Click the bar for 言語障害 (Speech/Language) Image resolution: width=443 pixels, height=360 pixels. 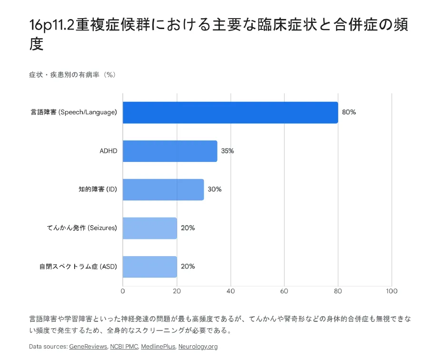point(230,112)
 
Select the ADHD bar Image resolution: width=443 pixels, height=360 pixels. point(170,151)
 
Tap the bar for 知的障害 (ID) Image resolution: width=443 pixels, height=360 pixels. point(163,190)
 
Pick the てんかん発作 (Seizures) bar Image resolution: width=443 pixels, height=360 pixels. point(150,228)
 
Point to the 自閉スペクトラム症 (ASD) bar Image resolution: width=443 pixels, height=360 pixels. point(150,267)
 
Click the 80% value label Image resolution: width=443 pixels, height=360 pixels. point(349,112)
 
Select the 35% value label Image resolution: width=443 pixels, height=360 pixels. point(227,151)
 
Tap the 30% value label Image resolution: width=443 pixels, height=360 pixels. point(215,190)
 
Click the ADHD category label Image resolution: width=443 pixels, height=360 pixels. point(108,151)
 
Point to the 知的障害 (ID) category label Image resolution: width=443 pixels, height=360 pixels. point(98,190)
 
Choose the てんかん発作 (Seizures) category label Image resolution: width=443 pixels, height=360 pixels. point(82,228)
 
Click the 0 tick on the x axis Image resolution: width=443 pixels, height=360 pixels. point(123,291)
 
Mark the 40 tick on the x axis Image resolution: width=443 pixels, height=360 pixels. point(231,291)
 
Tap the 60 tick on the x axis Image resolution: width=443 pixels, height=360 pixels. point(285,291)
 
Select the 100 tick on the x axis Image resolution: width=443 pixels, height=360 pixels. point(392,291)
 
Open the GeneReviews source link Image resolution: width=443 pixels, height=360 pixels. point(88,347)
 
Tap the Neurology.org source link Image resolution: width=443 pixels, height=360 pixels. point(198,347)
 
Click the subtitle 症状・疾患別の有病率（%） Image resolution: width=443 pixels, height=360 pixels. point(72,75)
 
